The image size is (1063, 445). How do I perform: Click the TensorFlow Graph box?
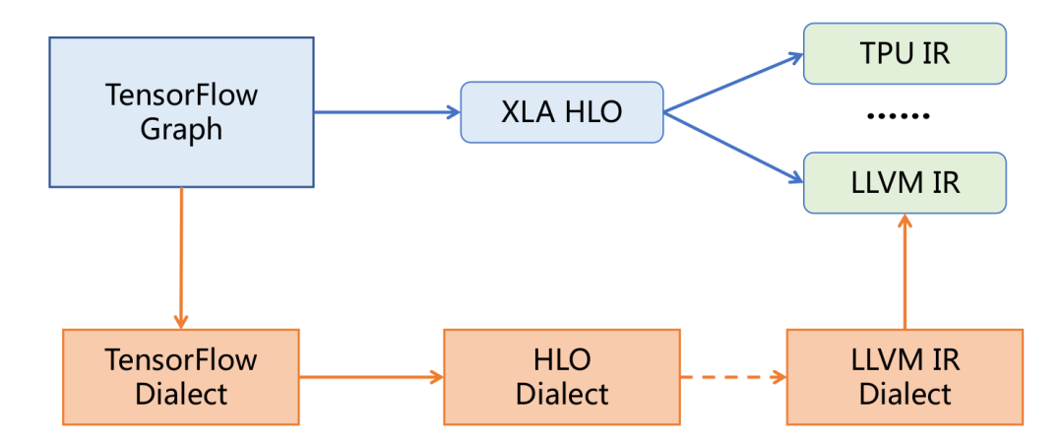tap(181, 112)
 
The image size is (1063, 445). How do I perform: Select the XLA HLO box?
tap(562, 111)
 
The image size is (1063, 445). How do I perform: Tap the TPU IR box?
tap(905, 53)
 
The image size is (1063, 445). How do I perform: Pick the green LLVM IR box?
tap(905, 182)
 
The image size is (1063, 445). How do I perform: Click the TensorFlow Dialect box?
tap(180, 377)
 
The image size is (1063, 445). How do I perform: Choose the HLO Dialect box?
tap(562, 377)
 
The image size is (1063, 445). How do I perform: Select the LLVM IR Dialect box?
tap(905, 377)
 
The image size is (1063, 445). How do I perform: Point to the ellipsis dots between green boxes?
tap(898, 116)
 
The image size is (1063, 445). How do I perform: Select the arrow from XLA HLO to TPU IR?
tap(733, 84)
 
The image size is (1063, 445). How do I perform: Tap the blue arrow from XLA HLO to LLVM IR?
tap(733, 146)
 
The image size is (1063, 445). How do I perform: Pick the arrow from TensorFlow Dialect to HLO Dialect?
tap(371, 377)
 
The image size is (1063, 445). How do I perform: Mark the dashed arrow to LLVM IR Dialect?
tap(733, 377)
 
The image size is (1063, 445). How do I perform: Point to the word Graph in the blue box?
tap(181, 130)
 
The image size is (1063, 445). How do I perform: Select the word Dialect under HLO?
tap(562, 395)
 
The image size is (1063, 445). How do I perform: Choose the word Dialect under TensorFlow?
tap(180, 395)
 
